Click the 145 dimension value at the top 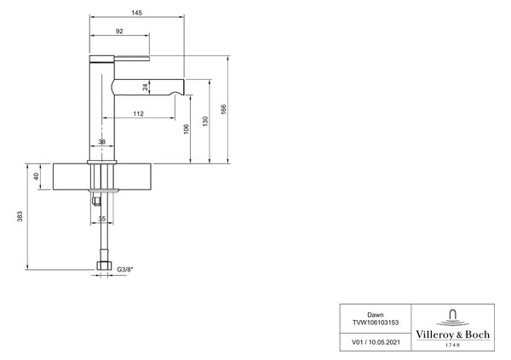[137, 13]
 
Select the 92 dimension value [119, 31]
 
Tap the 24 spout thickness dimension [146, 87]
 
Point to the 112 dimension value [139, 114]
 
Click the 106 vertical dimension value [186, 129]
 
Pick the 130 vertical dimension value [205, 121]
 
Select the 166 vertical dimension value [223, 109]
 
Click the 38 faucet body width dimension [102, 142]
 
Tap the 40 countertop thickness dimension [36, 176]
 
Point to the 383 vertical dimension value [20, 217]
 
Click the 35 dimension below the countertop [102, 219]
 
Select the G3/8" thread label [125, 270]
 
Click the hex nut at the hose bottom [104, 266]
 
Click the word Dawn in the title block [376, 315]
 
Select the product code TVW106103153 [376, 323]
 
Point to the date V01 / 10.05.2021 [376, 342]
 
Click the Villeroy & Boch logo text [453, 334]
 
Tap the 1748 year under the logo [453, 345]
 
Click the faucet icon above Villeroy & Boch [453, 318]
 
